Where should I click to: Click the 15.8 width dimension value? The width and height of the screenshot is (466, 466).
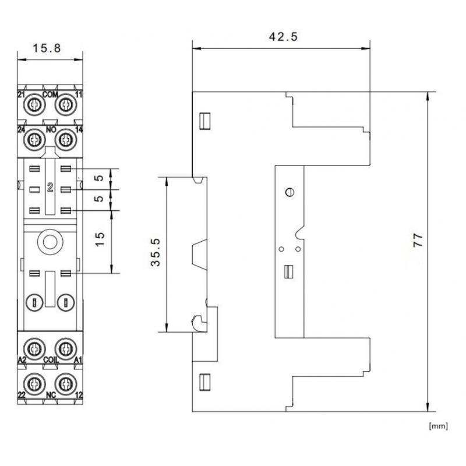click(x=47, y=48)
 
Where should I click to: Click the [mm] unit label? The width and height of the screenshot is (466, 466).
click(x=438, y=426)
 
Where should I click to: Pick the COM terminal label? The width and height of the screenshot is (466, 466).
click(x=50, y=94)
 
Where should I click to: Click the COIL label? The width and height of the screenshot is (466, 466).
click(x=51, y=361)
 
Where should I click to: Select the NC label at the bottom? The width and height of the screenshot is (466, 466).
click(x=51, y=394)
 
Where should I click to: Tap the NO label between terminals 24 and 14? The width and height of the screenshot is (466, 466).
click(x=51, y=130)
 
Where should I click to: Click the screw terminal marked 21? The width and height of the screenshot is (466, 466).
click(x=35, y=105)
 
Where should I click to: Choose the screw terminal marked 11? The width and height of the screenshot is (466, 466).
click(x=66, y=105)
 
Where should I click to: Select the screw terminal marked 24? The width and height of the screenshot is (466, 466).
click(x=35, y=140)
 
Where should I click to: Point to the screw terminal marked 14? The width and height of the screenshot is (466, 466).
click(x=66, y=140)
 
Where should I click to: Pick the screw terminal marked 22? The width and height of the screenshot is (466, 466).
click(x=35, y=383)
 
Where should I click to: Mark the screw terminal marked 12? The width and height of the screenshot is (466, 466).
click(x=66, y=383)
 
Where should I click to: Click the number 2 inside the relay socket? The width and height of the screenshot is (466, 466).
click(x=50, y=188)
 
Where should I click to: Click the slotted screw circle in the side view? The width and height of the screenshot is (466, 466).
click(x=290, y=193)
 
